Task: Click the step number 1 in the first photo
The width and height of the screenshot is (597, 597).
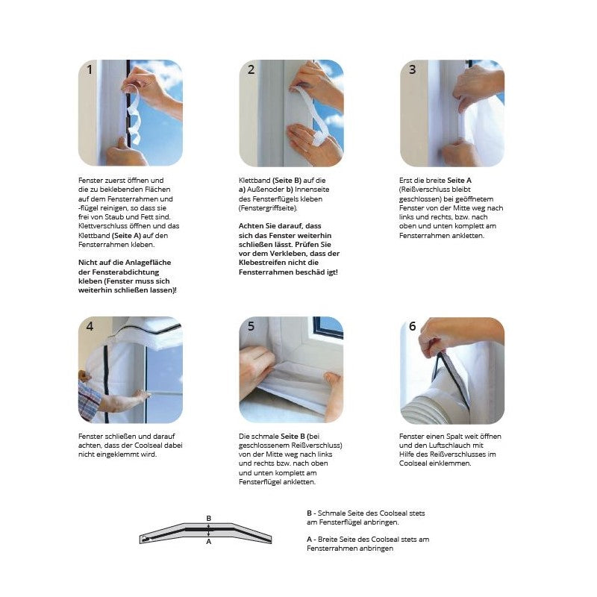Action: (x=90, y=70)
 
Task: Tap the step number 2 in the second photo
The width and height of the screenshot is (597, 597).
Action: (x=251, y=69)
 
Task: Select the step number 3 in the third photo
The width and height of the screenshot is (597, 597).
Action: (x=413, y=69)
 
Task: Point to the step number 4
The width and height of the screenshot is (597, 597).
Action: (x=90, y=326)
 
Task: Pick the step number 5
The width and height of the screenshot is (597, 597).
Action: (x=251, y=326)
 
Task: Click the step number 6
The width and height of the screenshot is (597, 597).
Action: (x=413, y=326)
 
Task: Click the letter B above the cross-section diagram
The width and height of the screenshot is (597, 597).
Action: (x=209, y=518)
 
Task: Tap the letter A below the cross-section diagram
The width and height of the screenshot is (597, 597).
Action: (x=209, y=542)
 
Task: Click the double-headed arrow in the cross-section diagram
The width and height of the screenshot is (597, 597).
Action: (x=209, y=530)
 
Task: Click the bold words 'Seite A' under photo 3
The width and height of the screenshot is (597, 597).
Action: (x=459, y=181)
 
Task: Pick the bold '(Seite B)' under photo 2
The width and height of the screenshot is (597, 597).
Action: (x=287, y=181)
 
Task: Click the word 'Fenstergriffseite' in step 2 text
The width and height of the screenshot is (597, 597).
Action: (x=268, y=208)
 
